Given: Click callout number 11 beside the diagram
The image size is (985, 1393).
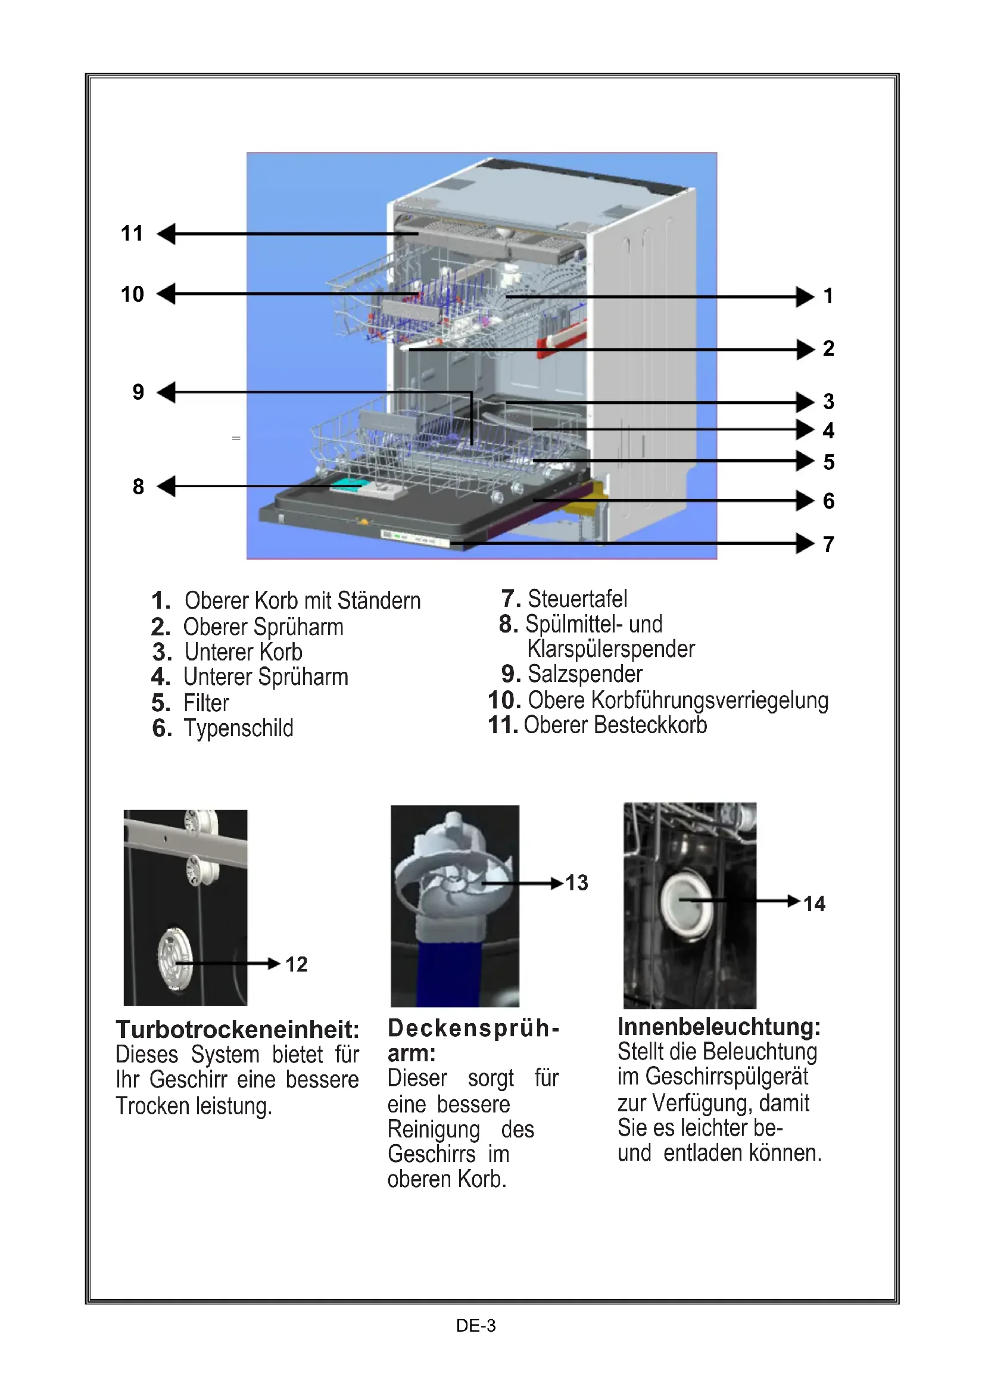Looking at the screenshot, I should coord(132,233).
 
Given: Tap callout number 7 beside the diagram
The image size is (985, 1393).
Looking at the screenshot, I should coord(828,544).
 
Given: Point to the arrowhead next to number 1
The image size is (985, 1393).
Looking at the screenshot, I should coord(806,297).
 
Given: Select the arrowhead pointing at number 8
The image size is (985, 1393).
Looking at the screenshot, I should coord(166,486).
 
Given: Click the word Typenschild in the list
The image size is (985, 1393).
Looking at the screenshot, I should coord(238,728).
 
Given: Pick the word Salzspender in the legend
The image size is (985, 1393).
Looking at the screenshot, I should coord(585,674).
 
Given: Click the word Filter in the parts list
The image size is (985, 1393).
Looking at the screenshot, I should coord(206,703).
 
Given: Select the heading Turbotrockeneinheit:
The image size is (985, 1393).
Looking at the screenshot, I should coord(238,1030).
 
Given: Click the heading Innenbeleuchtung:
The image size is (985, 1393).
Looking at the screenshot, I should coord(719,1027).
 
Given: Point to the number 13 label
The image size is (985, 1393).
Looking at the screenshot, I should coord(577,883).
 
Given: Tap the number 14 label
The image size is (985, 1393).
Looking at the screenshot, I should coord(814,904).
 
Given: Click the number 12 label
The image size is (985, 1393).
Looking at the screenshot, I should coord(297,965).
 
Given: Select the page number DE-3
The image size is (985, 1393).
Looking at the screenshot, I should coord(475,1326).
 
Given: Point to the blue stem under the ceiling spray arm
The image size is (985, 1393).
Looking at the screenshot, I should coord(450,971).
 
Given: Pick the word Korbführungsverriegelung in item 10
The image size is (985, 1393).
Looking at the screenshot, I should coord(710,700).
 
